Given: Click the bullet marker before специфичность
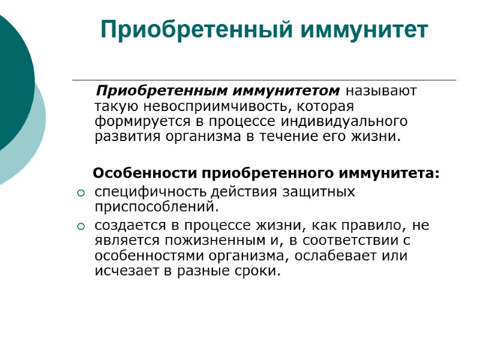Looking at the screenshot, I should tap(82, 193).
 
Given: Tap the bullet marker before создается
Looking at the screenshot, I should tap(82, 227).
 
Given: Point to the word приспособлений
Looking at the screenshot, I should tap(155, 207).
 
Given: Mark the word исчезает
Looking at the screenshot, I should tap(123, 271).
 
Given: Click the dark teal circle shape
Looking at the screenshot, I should tap(12, 78).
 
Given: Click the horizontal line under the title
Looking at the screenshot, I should tap(264, 80).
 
